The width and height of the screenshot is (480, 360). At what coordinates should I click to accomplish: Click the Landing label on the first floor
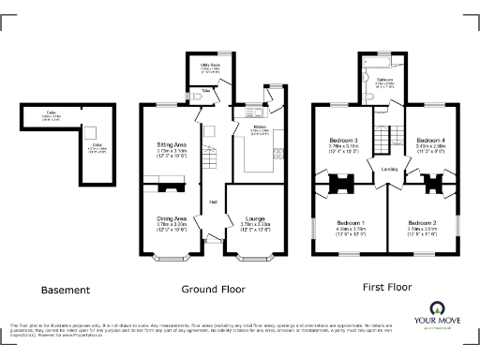387,169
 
